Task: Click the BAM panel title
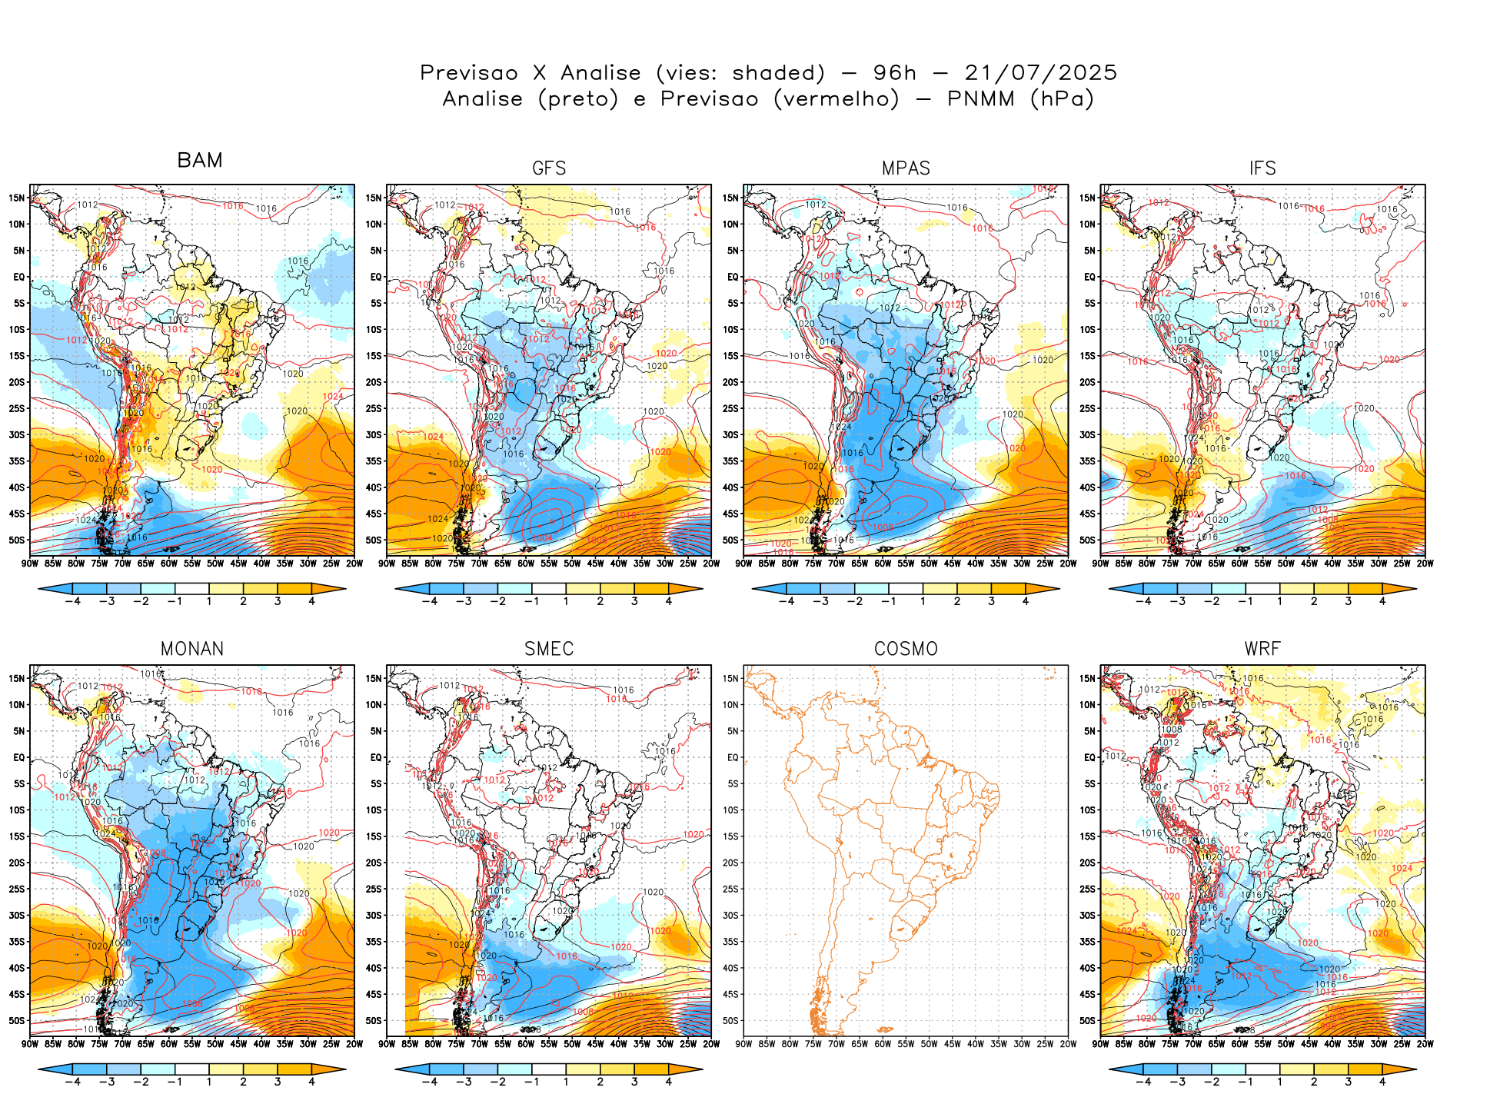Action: tap(200, 160)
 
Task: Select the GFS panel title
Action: tap(549, 168)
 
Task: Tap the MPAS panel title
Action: tap(906, 168)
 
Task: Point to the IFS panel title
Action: tap(1262, 168)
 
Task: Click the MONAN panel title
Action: tap(192, 649)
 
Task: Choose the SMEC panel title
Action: tap(549, 649)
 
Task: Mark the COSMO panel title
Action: tap(906, 649)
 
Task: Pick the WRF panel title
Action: tap(1262, 649)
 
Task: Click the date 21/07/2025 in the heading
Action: tap(1040, 73)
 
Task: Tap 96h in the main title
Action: tap(895, 73)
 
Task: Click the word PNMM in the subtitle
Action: tap(981, 99)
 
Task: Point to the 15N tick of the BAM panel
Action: tap(17, 198)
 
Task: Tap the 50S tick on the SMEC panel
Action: tap(374, 1020)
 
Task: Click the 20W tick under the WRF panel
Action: tap(1425, 1044)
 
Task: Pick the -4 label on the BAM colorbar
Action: tap(72, 601)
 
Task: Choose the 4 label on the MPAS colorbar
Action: tap(1026, 601)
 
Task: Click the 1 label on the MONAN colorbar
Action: tap(208, 1082)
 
